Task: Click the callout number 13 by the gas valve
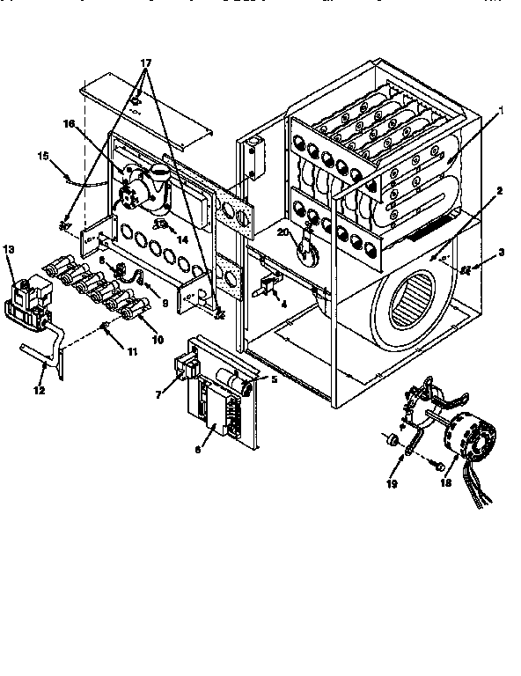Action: pos(10,250)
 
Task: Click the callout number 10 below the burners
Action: pos(133,339)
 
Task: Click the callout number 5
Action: pos(274,380)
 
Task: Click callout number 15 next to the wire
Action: pos(41,156)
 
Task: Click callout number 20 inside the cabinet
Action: pos(283,231)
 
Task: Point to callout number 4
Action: pos(283,305)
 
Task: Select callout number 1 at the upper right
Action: pos(500,112)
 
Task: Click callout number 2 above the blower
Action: pos(499,191)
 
